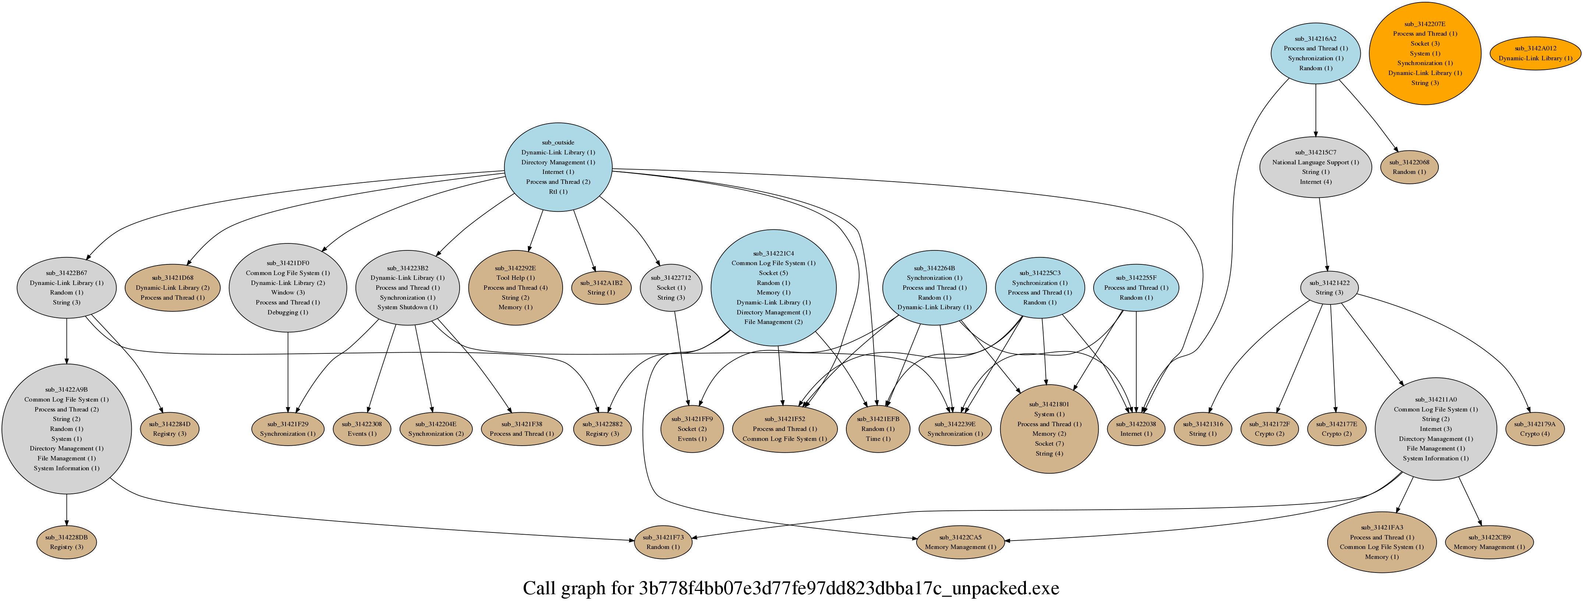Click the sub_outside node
click(558, 167)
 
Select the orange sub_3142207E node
click(1424, 53)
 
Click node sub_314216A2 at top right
click(1315, 53)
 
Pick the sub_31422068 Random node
click(1409, 167)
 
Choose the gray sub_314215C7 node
click(1315, 167)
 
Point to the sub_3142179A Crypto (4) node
click(1534, 428)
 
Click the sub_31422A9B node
click(66, 428)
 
